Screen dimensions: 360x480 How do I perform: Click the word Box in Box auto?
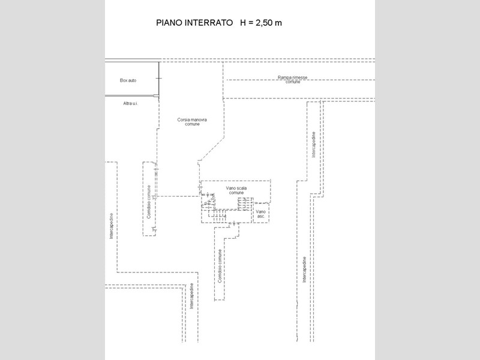(124, 80)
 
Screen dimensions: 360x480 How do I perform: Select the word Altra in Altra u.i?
(127, 103)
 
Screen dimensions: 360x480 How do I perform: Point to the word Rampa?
(284, 77)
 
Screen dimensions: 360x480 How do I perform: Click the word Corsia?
(184, 119)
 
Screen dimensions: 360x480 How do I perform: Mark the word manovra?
(199, 119)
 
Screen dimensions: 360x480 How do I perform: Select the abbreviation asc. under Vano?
(261, 217)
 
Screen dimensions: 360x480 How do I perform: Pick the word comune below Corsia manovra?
(192, 124)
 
